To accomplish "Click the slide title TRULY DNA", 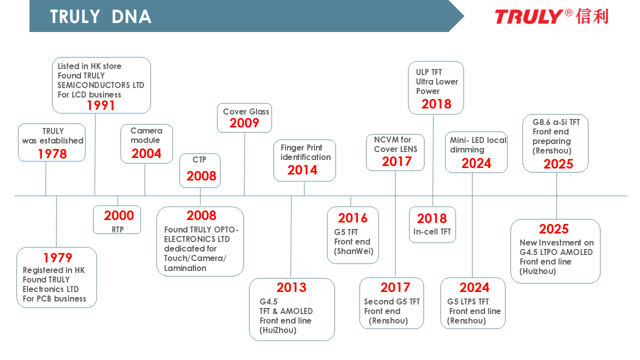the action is click(x=100, y=16).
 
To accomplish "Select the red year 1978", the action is click(x=52, y=153).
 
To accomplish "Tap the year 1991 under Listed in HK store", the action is click(x=100, y=105).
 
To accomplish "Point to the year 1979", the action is click(x=57, y=257).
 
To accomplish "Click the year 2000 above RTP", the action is click(x=119, y=215).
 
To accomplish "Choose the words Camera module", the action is click(x=146, y=135).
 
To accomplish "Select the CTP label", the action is click(x=199, y=159).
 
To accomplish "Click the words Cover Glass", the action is click(x=246, y=111).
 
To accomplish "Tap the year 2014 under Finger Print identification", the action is click(x=302, y=170).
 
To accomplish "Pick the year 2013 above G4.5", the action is click(x=291, y=287).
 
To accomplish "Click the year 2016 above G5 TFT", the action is click(x=352, y=218).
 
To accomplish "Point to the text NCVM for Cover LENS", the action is click(x=395, y=144).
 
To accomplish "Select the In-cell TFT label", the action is click(x=432, y=231).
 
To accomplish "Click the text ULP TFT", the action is click(x=429, y=72).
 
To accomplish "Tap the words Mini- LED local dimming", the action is click(x=478, y=145).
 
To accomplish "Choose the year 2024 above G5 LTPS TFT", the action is click(x=474, y=287).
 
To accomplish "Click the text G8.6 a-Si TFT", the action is click(x=556, y=122).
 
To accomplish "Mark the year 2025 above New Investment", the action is click(x=553, y=229).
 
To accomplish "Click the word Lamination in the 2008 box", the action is click(x=185, y=268).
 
